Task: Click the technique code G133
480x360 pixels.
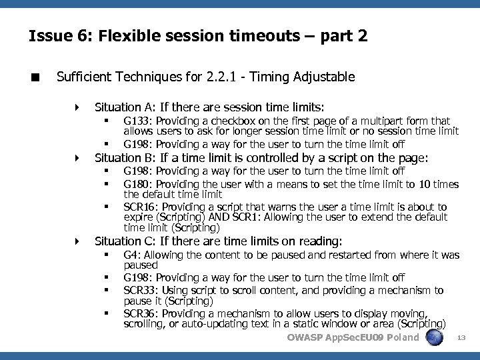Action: [x=138, y=121]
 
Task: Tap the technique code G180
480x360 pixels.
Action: [x=138, y=185]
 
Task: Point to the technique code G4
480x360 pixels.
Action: [x=131, y=255]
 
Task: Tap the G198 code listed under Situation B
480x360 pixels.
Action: [x=138, y=171]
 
